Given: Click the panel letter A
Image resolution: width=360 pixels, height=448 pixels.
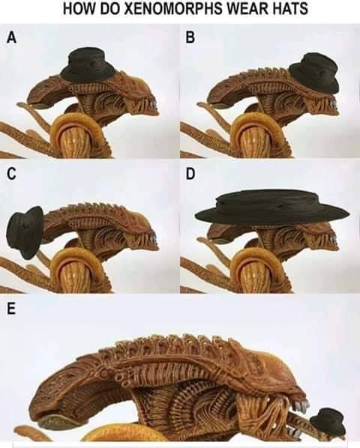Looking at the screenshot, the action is click(x=12, y=37).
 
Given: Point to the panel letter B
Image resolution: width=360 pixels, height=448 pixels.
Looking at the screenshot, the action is click(x=190, y=37).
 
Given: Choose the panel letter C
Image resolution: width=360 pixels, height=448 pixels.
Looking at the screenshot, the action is click(x=11, y=173).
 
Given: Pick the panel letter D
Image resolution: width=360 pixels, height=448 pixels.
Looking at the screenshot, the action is click(x=190, y=173).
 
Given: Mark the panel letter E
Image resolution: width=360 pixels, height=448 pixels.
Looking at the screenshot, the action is click(x=10, y=309).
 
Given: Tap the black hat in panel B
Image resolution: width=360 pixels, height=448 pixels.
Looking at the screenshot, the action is click(x=314, y=73).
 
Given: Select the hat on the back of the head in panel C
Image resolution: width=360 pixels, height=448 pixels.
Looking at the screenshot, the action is click(x=25, y=232).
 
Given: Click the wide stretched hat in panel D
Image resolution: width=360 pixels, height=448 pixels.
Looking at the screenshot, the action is click(x=271, y=208).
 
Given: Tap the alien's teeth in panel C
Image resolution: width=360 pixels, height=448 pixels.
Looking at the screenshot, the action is click(x=153, y=240).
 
